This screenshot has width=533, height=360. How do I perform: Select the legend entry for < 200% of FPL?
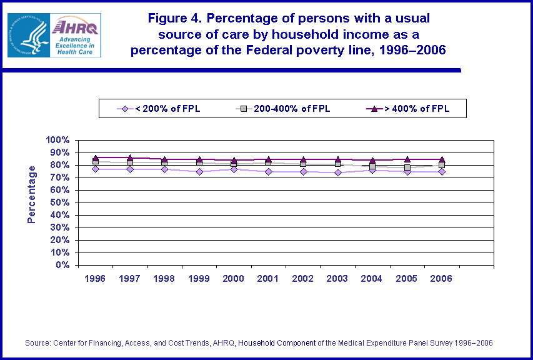pyautogui.click(x=160, y=109)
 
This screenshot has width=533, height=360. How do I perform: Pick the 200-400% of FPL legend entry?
pyautogui.click(x=285, y=109)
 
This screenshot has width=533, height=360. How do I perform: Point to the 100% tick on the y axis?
pyautogui.click(x=57, y=140)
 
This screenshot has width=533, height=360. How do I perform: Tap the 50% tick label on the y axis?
pyautogui.click(x=59, y=202)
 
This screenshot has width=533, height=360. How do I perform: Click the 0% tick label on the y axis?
pyautogui.click(x=62, y=265)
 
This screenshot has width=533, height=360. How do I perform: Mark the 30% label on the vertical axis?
pyautogui.click(x=59, y=227)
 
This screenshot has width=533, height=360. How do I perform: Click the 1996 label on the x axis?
pyautogui.click(x=96, y=279)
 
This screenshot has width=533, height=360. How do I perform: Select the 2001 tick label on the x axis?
pyautogui.click(x=269, y=279)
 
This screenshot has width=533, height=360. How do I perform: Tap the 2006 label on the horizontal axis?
pyautogui.click(x=441, y=279)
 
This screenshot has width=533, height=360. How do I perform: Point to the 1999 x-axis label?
pyautogui.click(x=199, y=279)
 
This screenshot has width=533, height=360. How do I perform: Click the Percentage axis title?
pyautogui.click(x=32, y=194)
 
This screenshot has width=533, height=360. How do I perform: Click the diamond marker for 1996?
pyautogui.click(x=96, y=169)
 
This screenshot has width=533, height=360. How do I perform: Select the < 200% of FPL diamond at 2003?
pyautogui.click(x=337, y=172)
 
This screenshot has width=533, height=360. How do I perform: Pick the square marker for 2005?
pyautogui.click(x=407, y=168)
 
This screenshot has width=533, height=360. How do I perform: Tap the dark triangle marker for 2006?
pyautogui.click(x=441, y=159)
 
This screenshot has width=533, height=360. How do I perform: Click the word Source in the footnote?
pyautogui.click(x=38, y=343)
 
